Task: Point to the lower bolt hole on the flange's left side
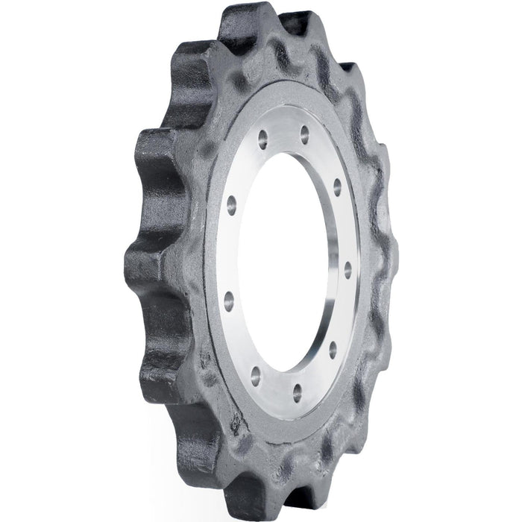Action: (229, 301)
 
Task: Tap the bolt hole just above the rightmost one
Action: (338, 183)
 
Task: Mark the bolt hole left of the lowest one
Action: (255, 371)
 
